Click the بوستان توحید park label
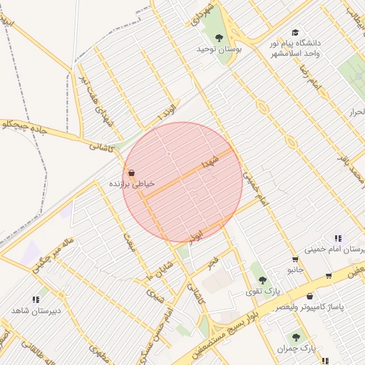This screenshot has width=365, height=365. [x=220, y=50]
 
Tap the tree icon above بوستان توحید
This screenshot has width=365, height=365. [x=219, y=38]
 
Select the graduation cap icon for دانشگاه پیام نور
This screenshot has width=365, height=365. [x=295, y=33]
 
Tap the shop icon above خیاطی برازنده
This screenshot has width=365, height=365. [x=132, y=172]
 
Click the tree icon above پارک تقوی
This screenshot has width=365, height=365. [x=262, y=280]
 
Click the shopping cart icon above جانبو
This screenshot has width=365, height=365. [x=294, y=259]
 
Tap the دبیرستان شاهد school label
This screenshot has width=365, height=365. [x=36, y=311]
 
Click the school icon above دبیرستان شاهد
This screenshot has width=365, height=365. [x=36, y=300]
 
